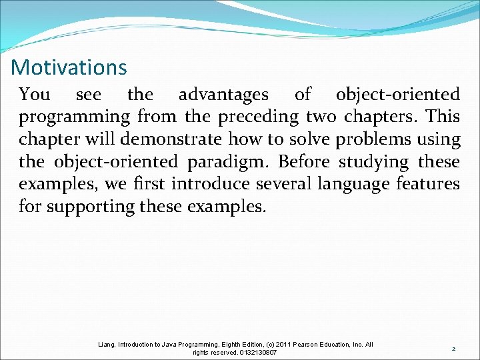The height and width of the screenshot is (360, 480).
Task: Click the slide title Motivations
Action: [69, 67]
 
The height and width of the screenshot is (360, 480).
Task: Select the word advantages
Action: [223, 95]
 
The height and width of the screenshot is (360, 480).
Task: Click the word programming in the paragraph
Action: [74, 118]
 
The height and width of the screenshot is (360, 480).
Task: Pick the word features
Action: [428, 184]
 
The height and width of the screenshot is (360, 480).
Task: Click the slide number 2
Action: [453, 349]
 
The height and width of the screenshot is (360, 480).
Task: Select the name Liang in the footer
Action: [105, 345]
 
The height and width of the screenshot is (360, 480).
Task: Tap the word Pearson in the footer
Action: [299, 345]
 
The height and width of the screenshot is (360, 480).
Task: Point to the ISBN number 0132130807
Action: [253, 352]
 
